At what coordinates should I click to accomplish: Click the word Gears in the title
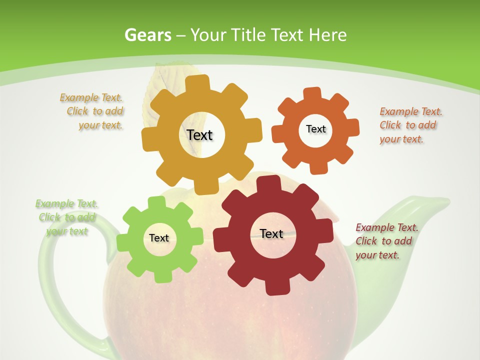[x=148, y=35]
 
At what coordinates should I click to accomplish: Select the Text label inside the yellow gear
[x=199, y=135]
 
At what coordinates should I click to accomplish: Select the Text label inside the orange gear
[x=315, y=129]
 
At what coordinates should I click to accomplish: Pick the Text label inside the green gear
[x=159, y=238]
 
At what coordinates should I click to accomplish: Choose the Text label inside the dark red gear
[x=271, y=233]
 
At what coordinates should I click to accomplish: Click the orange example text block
[x=410, y=125]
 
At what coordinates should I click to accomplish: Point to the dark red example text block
[x=386, y=241]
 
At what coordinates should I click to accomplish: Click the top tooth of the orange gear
[x=312, y=93]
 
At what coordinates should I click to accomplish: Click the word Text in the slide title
[x=287, y=35]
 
